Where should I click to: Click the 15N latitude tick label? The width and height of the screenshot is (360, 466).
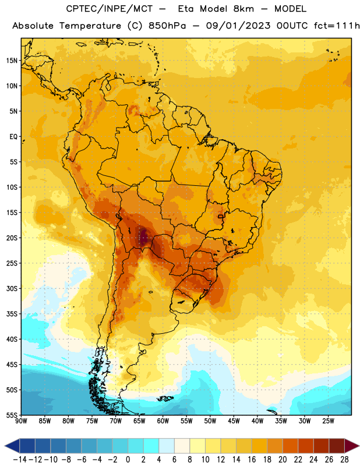pyautogui.click(x=12, y=61)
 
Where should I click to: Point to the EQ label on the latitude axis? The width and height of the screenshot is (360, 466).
pyautogui.click(x=13, y=137)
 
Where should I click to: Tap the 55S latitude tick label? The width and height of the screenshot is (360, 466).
pyautogui.click(x=12, y=415)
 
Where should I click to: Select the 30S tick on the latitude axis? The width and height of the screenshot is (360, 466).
pyautogui.click(x=12, y=288)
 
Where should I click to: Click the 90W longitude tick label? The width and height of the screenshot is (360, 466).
pyautogui.click(x=21, y=421)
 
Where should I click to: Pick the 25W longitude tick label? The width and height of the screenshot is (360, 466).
pyautogui.click(x=328, y=421)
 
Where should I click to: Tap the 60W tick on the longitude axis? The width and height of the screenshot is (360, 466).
pyautogui.click(x=163, y=421)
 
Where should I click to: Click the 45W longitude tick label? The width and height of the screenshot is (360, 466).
pyautogui.click(x=234, y=421)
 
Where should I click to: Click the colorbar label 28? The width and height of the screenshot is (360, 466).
pyautogui.click(x=344, y=460)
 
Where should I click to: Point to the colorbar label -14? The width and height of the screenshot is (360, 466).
pyautogui.click(x=20, y=460)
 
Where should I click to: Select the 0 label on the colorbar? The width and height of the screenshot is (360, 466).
pyautogui.click(x=128, y=460)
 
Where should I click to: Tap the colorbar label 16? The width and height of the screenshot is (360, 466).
pyautogui.click(x=252, y=460)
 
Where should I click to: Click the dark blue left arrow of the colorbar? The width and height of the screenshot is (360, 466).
pyautogui.click(x=12, y=446)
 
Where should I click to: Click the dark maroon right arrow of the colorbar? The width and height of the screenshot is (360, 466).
pyautogui.click(x=352, y=446)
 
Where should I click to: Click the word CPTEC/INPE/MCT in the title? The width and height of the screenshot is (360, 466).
pyautogui.click(x=109, y=9)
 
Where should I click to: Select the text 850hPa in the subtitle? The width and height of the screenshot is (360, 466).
pyautogui.click(x=167, y=26)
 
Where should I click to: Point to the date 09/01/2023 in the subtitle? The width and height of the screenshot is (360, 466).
pyautogui.click(x=238, y=26)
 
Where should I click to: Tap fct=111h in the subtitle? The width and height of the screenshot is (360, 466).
pyautogui.click(x=337, y=26)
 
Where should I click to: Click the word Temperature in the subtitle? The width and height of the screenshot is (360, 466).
pyautogui.click(x=90, y=26)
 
